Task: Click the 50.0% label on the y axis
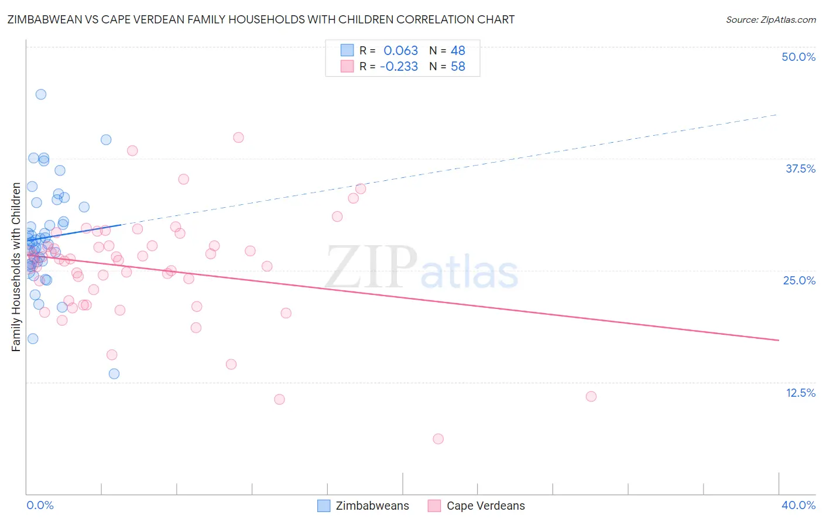click(798, 57)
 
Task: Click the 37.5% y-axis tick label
click(800, 169)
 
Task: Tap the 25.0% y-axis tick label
click(799, 280)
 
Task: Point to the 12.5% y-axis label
click(800, 393)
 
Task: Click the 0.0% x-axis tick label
click(40, 505)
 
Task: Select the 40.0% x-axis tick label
click(798, 505)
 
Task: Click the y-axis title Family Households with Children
click(16, 267)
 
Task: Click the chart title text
click(261, 19)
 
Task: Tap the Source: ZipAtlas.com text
click(770, 19)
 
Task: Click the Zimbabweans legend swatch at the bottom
click(324, 506)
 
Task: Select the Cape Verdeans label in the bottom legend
click(485, 506)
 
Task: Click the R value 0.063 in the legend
click(400, 51)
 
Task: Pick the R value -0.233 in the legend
click(399, 67)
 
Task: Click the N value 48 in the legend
click(458, 51)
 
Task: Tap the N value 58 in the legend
click(458, 67)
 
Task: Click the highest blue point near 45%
click(41, 94)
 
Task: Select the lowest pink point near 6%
click(438, 439)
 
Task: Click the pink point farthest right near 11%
click(591, 396)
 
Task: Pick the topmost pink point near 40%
click(238, 138)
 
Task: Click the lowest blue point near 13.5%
click(114, 373)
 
